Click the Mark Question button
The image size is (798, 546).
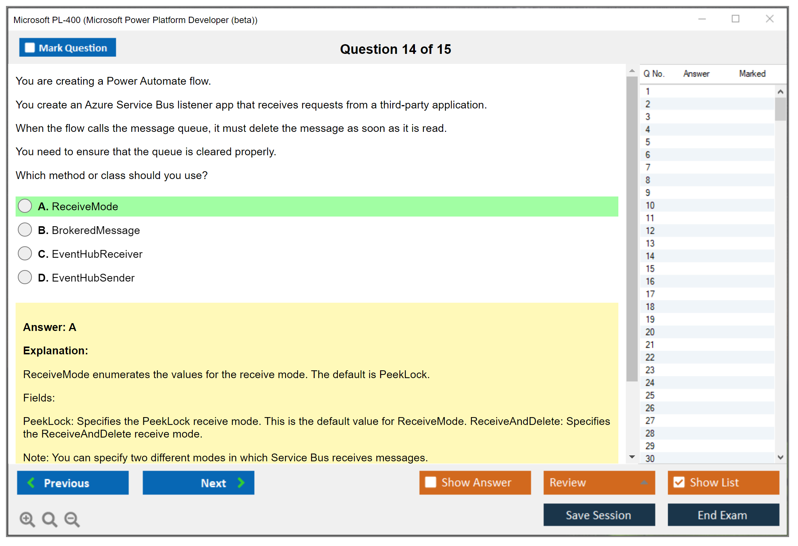pyautogui.click(x=68, y=48)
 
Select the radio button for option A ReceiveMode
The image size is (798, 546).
pyautogui.click(x=25, y=206)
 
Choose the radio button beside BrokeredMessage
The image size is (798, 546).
pyautogui.click(x=25, y=230)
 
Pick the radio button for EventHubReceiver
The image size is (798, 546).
pyautogui.click(x=25, y=253)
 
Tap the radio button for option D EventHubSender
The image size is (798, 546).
pyautogui.click(x=25, y=277)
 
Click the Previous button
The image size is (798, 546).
pyautogui.click(x=73, y=482)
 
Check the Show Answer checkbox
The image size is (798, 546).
pyautogui.click(x=431, y=482)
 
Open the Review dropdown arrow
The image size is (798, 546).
pyautogui.click(x=644, y=482)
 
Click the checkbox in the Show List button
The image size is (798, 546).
pyautogui.click(x=679, y=482)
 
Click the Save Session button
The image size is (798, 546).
pyautogui.click(x=599, y=515)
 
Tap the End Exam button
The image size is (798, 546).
pyautogui.click(x=723, y=515)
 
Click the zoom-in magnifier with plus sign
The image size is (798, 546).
pyautogui.click(x=27, y=519)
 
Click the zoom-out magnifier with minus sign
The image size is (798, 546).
pyautogui.click(x=72, y=519)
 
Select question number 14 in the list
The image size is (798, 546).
pyautogui.click(x=650, y=256)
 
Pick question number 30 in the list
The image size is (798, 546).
pyautogui.click(x=650, y=458)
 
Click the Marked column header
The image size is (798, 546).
pyautogui.click(x=752, y=74)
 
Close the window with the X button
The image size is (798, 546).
pyautogui.click(x=770, y=19)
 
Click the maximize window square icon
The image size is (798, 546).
pyautogui.click(x=736, y=19)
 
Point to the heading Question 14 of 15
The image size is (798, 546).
pyautogui.click(x=396, y=49)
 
